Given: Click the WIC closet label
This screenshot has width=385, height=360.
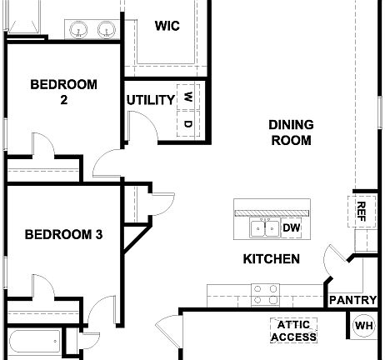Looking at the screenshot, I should (x=167, y=25).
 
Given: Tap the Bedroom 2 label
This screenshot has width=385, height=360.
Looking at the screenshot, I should (x=63, y=91).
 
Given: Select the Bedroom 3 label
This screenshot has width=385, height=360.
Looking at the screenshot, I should (x=63, y=235).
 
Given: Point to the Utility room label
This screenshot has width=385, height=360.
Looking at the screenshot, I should (x=151, y=101).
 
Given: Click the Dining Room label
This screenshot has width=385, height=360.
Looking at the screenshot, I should (x=291, y=132).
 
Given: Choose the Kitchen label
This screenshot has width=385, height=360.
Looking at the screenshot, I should (x=271, y=259).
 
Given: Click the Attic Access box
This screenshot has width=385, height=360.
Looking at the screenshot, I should (x=293, y=331).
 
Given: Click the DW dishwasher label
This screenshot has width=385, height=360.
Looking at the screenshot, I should (x=291, y=227).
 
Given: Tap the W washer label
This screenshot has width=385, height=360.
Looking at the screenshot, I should (x=188, y=97).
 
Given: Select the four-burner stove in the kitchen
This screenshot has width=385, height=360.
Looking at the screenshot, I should (x=265, y=294).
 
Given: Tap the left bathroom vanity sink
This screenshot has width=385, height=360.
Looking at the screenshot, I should (x=79, y=31).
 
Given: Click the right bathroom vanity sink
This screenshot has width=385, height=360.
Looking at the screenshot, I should (x=106, y=31).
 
